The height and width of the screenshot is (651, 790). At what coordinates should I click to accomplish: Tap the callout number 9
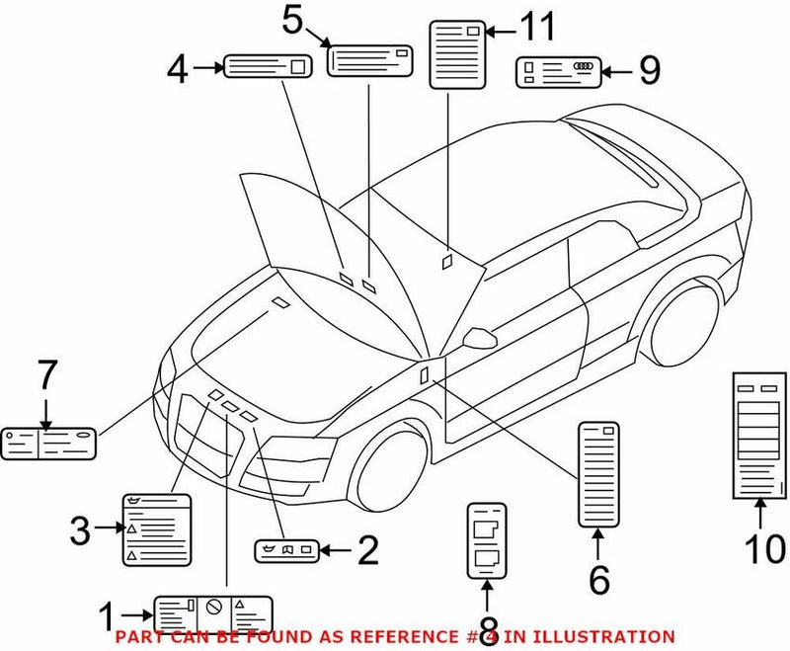click(x=648, y=70)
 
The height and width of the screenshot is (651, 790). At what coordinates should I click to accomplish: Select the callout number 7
click(x=47, y=376)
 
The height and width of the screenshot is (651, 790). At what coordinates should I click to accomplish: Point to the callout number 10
click(x=758, y=546)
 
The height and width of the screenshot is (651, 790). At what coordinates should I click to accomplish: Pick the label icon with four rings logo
click(x=556, y=72)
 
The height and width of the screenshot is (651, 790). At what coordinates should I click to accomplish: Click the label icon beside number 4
click(x=269, y=67)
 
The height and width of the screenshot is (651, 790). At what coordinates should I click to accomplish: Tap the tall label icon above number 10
click(x=756, y=434)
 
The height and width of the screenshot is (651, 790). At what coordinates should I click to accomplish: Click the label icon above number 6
click(x=598, y=473)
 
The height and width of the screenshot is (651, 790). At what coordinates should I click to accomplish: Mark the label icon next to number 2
click(x=285, y=550)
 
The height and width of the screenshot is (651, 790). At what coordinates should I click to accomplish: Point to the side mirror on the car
click(x=479, y=339)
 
